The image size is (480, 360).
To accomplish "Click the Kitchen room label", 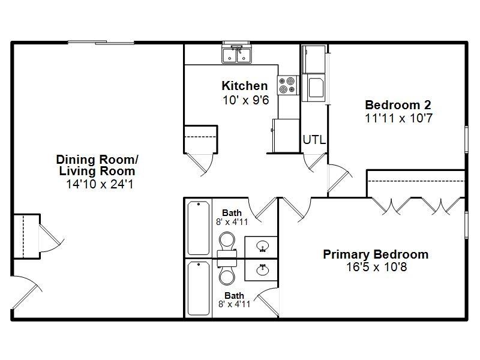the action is tap(245, 86).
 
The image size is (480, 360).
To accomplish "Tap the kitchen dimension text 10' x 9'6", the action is tap(245, 100).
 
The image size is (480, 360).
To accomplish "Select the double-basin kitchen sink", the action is tap(236, 54).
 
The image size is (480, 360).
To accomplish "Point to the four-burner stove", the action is tap(287, 85).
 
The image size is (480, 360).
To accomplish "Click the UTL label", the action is tap(314, 140).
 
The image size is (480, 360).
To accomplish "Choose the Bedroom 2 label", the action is tap(398, 105).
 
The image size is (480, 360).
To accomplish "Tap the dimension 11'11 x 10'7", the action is tap(398, 118).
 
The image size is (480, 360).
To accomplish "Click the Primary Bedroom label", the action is tap(376, 254).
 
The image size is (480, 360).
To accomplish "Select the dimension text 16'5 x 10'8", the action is tap(377, 267).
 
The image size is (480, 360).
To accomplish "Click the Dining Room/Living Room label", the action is tap(97, 166).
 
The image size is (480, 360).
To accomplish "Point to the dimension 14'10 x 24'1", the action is tap(100, 184).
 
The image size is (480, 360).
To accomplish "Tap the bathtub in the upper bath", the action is tap(199, 228).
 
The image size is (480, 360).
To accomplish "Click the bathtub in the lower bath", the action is tap(199, 288).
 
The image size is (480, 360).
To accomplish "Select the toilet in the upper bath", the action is tap(227, 244).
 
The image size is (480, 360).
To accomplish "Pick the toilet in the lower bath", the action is tap(227, 272).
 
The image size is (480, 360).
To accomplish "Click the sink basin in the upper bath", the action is tap(263, 246).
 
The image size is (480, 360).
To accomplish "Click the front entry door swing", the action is tap(27, 292).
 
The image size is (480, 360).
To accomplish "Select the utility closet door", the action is tap(314, 161).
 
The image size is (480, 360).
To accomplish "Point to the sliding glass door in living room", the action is tap(101, 43).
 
